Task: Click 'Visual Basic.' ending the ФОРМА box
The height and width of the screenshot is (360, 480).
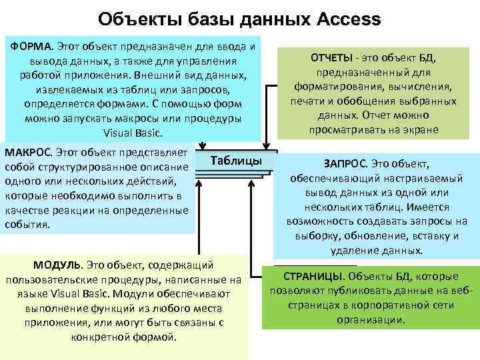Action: click(x=132, y=133)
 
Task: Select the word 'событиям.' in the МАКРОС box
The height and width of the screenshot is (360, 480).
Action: click(x=27, y=225)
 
